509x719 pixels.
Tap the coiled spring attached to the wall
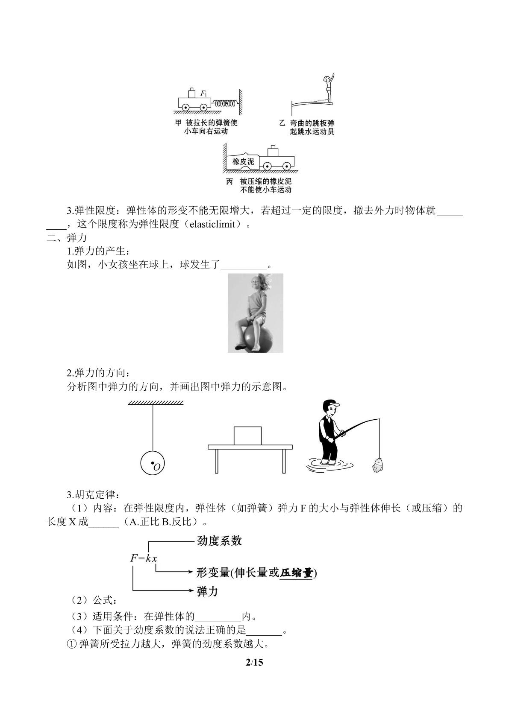tap(225, 103)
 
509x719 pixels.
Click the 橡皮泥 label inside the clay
tap(243, 161)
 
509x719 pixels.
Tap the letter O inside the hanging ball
tap(157, 468)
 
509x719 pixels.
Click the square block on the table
tap(247, 435)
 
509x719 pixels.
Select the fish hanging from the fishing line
tap(378, 465)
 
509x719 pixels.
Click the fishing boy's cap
tap(330, 403)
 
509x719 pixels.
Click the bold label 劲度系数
tap(219, 541)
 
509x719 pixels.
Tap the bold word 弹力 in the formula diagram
tap(207, 591)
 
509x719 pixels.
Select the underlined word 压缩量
tap(296, 573)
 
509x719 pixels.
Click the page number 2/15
tap(254, 662)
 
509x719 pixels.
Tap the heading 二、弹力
tap(67, 238)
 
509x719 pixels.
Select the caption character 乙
tap(282, 123)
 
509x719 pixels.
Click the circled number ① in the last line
tap(72, 644)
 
